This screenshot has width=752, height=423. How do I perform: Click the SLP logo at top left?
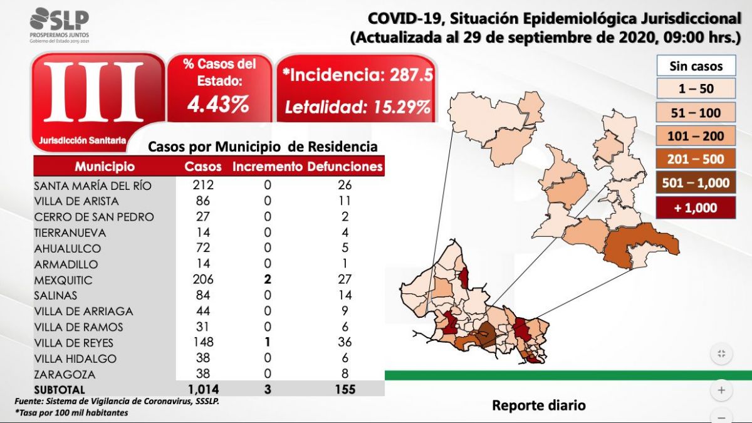coord(59,24)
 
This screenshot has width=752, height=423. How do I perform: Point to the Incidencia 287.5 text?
coord(357,76)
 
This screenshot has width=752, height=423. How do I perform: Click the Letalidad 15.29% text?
coord(357,107)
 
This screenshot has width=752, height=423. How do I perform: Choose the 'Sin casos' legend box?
coord(696,66)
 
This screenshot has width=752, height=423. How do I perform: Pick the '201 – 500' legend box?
coord(696,159)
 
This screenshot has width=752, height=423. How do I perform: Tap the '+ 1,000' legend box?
coord(696,207)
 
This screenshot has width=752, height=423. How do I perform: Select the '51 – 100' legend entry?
coord(696,113)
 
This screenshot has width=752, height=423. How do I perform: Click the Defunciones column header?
coord(344,167)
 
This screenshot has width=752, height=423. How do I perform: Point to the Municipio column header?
coord(105,167)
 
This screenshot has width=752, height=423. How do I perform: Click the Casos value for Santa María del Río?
coord(203,185)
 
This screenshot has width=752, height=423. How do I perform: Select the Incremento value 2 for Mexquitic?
coord(268,279)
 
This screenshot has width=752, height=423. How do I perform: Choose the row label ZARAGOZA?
coord(65,374)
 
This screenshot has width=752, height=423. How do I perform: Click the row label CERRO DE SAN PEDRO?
coord(94,217)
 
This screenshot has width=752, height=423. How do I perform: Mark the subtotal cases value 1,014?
coord(202,389)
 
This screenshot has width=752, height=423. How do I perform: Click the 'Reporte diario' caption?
coord(539,405)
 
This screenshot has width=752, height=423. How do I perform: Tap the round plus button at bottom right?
coord(721,390)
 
